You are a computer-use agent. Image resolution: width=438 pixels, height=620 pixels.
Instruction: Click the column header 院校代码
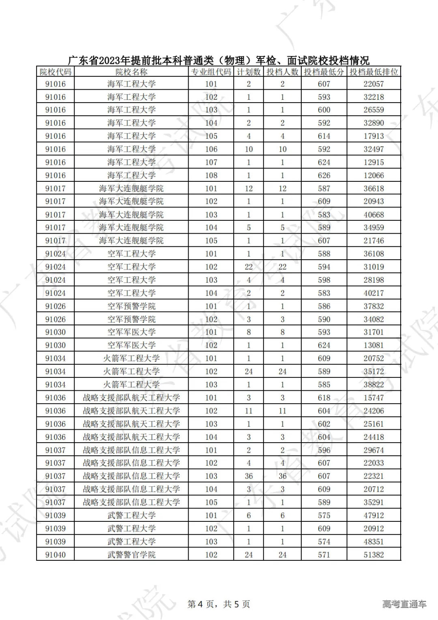click(x=56, y=72)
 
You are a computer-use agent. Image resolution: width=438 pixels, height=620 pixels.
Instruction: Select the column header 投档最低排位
click(x=374, y=72)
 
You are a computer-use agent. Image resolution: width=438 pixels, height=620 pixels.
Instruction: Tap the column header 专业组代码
click(x=211, y=72)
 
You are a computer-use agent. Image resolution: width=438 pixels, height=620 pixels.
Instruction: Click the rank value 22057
click(x=374, y=84)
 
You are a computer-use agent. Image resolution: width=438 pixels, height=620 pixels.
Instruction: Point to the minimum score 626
click(x=324, y=175)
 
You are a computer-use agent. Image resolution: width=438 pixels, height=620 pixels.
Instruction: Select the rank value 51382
click(x=374, y=555)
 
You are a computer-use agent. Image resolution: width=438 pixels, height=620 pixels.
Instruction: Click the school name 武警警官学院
click(x=131, y=555)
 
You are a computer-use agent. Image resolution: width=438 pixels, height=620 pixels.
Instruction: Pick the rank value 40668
click(x=374, y=215)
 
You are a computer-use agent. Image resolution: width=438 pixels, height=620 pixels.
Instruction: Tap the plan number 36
click(x=249, y=476)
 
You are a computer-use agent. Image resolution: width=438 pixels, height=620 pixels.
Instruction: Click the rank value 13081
click(x=374, y=345)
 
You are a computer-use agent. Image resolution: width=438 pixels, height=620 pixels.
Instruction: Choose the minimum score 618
click(x=324, y=398)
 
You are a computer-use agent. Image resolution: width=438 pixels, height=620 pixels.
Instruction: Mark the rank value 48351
click(x=374, y=541)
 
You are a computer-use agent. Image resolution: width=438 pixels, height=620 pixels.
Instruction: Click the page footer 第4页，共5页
click(x=219, y=604)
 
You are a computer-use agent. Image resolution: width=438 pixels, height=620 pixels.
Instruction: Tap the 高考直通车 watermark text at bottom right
click(x=404, y=604)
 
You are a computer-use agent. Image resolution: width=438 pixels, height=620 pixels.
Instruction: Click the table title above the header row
click(x=219, y=60)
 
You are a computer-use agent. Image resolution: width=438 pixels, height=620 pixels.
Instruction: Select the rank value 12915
click(x=374, y=162)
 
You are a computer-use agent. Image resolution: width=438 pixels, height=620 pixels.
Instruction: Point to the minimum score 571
click(x=324, y=555)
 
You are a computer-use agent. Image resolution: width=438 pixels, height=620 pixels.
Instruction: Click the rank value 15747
click(x=374, y=398)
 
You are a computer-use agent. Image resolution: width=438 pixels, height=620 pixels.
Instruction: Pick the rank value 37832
click(x=374, y=306)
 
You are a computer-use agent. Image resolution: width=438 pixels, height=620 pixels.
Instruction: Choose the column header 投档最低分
click(x=324, y=72)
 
